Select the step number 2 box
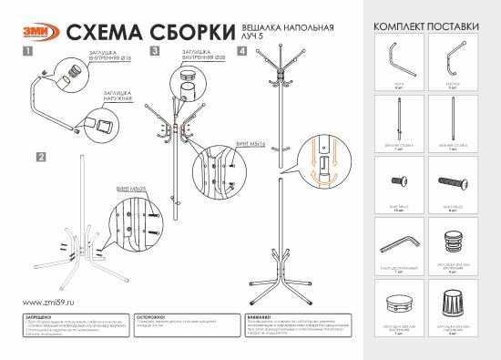coord(41,157)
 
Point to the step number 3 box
coord(156,52)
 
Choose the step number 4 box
coord(240,52)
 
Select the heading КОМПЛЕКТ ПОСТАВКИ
coord(426,27)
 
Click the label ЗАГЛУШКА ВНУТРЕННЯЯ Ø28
coord(200,56)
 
